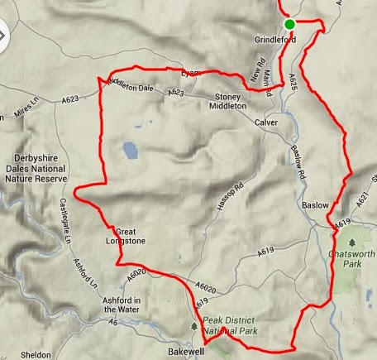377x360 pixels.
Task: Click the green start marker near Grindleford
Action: [290, 23]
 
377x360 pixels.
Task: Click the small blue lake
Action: [129, 150]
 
